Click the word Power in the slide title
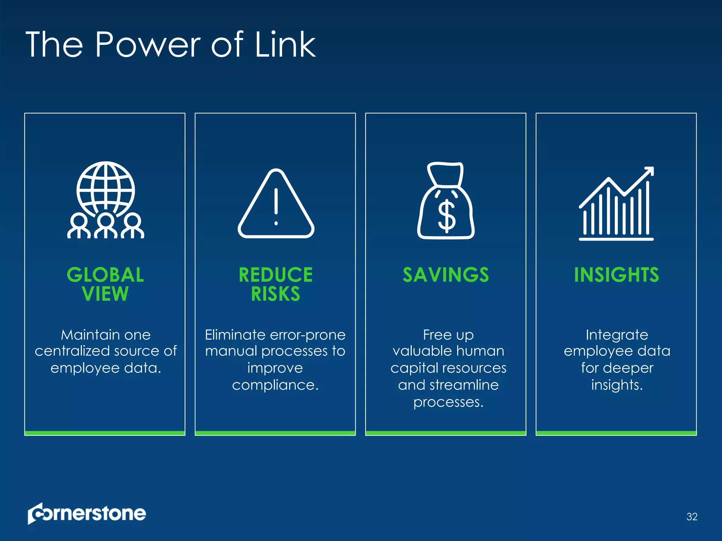148,45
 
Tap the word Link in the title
285,45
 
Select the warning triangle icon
276,204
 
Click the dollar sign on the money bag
446,216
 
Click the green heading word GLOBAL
105,275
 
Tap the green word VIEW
105,294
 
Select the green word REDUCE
276,275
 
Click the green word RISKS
276,294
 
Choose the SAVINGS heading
446,275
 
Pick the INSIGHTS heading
616,275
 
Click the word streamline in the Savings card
464,385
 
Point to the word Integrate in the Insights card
617,335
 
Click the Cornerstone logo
87,514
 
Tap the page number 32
692,517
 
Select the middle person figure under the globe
106,225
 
